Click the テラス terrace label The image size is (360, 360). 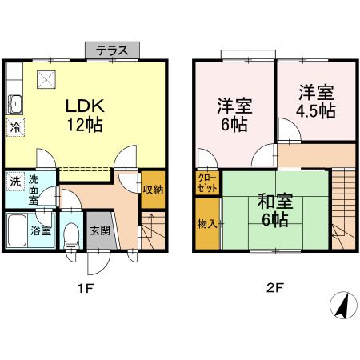point(113,50)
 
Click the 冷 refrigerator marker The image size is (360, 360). point(15,126)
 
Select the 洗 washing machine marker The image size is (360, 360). point(15,182)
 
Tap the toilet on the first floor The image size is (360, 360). point(71,234)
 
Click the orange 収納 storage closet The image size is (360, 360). point(153,190)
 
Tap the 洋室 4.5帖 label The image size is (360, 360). point(316,101)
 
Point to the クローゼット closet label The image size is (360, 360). point(206,182)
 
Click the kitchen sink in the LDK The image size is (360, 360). point(14,103)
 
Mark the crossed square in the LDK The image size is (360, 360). point(45,78)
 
